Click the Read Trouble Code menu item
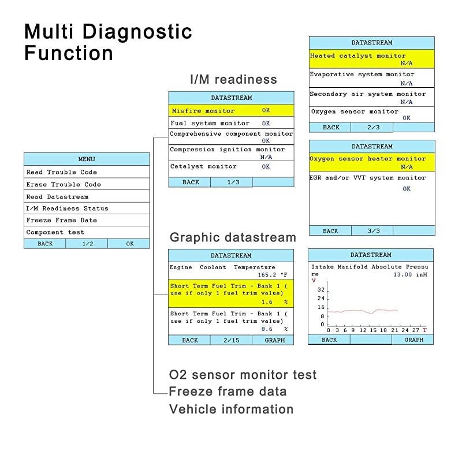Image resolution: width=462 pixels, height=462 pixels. (62, 172)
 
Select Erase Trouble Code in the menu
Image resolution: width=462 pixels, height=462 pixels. (64, 184)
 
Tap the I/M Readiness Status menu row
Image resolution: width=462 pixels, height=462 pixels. (68, 208)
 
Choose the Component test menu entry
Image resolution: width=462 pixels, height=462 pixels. (55, 232)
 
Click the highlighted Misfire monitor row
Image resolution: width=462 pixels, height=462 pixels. (231, 110)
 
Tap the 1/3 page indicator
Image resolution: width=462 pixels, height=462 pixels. (231, 182)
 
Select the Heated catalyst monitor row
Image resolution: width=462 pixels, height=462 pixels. (371, 59)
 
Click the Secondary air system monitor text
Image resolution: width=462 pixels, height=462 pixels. (368, 94)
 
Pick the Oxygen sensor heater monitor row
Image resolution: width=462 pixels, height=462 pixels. (371, 162)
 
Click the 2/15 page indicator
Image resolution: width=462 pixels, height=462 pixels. (231, 340)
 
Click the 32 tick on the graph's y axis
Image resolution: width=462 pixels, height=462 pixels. (321, 290)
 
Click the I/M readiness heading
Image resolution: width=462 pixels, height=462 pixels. (233, 80)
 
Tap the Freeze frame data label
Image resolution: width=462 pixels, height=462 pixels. (228, 392)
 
